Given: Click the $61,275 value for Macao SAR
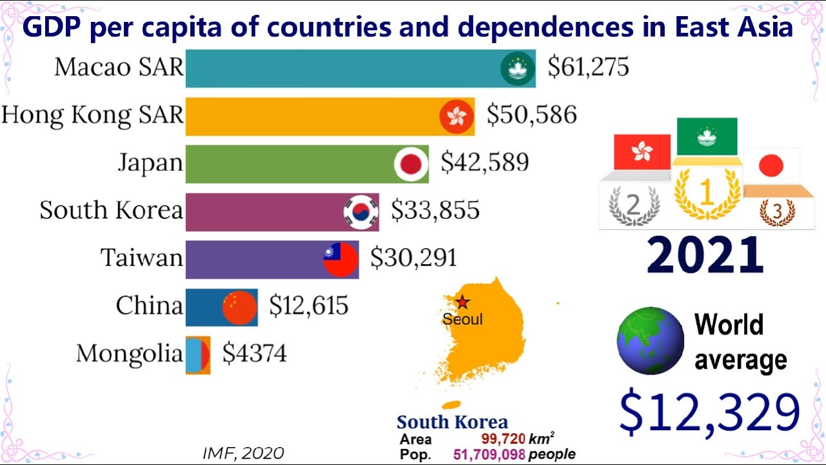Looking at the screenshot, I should tap(588, 67).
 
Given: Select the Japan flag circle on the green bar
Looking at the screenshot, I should tap(411, 164).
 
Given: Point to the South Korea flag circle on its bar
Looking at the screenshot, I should tap(361, 212).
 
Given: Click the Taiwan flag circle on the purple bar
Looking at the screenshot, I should tap(341, 260).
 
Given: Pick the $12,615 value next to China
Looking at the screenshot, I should tap(308, 305).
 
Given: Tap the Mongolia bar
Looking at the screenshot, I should tap(198, 355).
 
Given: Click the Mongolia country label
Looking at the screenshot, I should tap(129, 354).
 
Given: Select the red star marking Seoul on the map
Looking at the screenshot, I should tap(462, 302).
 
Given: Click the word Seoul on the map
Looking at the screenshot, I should tap(462, 319).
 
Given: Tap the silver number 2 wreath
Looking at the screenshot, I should tap(634, 205).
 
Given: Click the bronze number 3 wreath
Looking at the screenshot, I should tap(776, 211).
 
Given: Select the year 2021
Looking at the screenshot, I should tap(705, 256).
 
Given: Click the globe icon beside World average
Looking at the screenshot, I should tap(650, 340).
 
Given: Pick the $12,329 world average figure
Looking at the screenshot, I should tap(709, 412).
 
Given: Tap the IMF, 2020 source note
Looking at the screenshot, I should tap(243, 453).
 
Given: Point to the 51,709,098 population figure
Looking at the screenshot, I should tap(489, 455).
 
